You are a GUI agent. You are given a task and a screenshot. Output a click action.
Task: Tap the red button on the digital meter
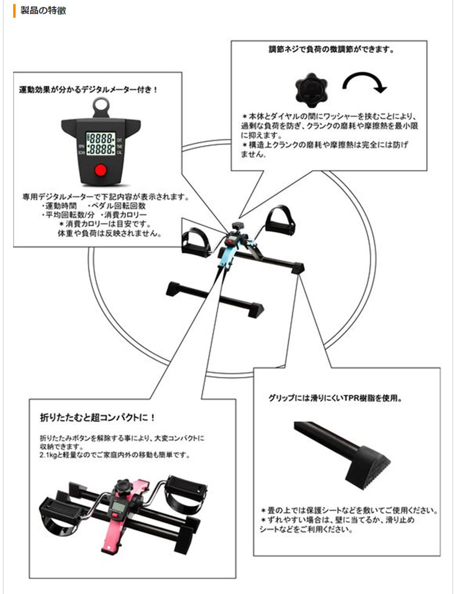tap(101, 170)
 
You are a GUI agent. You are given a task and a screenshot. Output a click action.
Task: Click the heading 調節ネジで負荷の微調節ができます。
tap(332, 50)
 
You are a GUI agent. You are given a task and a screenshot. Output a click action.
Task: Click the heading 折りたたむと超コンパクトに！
tap(99, 417)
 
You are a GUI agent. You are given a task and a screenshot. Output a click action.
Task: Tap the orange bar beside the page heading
tap(14, 10)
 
